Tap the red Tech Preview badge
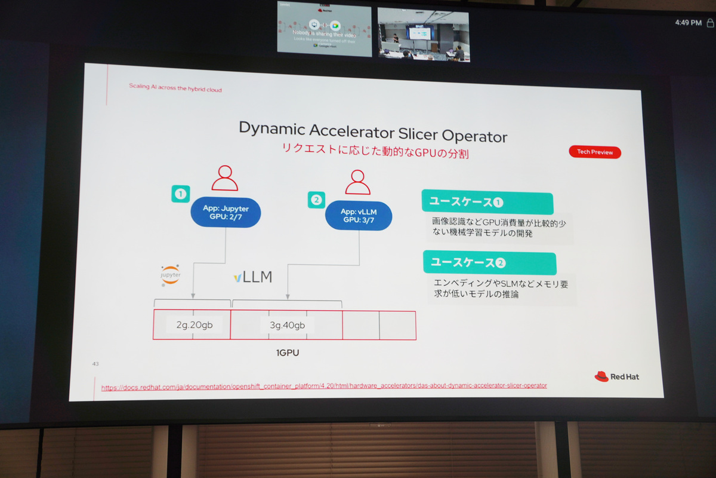tap(595, 152)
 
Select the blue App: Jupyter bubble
tap(226, 213)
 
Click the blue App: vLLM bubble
tap(359, 216)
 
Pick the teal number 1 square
tap(180, 194)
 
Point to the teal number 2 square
tap(316, 200)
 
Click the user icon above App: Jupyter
tap(224, 178)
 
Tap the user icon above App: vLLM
tap(357, 182)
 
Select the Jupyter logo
tap(170, 275)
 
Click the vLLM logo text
tap(253, 277)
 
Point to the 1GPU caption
tap(287, 353)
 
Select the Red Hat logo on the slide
tap(616, 376)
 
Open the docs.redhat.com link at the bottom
tap(323, 386)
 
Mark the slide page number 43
tap(95, 363)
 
